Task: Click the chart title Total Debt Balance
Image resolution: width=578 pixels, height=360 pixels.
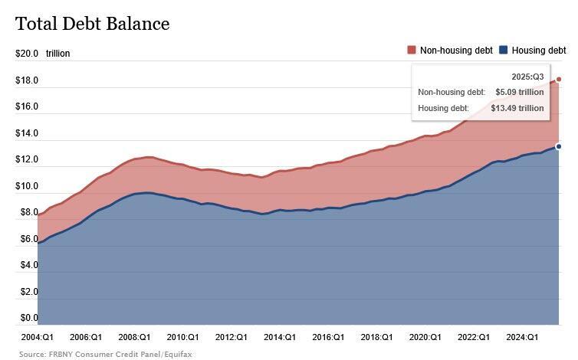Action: (92, 24)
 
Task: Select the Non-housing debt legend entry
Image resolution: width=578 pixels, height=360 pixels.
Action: (455, 51)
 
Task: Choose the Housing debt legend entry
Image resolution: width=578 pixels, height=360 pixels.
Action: (538, 51)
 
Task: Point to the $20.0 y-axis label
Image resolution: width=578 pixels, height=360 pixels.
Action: (27, 54)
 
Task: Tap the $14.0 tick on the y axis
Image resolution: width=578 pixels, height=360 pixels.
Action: (27, 133)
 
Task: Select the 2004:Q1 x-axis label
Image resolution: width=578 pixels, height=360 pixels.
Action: (37, 337)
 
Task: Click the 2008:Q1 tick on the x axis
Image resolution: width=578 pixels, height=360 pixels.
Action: (134, 337)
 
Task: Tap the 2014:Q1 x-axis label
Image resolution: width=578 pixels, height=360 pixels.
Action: (280, 337)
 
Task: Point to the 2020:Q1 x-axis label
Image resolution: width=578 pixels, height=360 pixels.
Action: (425, 337)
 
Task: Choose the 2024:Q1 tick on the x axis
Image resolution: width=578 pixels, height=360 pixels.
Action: (522, 337)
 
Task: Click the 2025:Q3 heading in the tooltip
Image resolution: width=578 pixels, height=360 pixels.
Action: (527, 77)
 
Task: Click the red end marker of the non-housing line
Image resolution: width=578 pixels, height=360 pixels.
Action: (559, 79)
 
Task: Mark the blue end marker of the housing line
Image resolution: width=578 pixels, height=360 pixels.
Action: (559, 146)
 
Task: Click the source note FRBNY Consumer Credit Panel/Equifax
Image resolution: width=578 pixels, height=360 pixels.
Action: (105, 355)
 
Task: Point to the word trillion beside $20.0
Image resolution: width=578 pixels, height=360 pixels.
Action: (58, 54)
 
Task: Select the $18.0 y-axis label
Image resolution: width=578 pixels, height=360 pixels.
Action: (27, 80)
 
